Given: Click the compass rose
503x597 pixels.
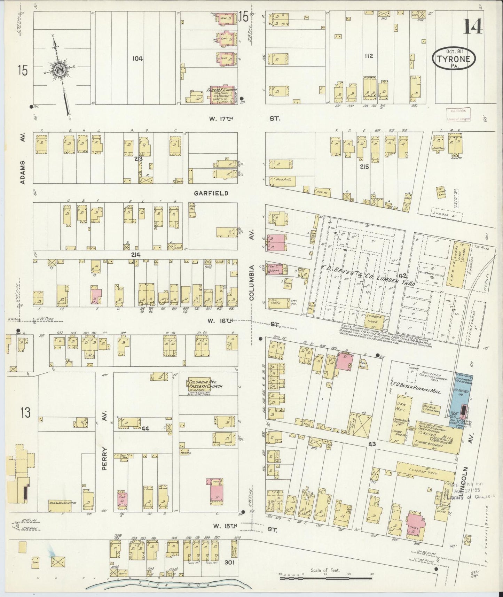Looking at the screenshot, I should [x=60, y=69].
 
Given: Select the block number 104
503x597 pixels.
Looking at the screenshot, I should [x=137, y=59].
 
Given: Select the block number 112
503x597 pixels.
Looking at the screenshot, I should [x=369, y=55].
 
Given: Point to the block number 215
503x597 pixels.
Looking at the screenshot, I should [x=364, y=166].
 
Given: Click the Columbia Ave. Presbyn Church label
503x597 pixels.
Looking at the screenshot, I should [x=205, y=384].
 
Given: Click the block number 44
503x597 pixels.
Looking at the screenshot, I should [x=145, y=429].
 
